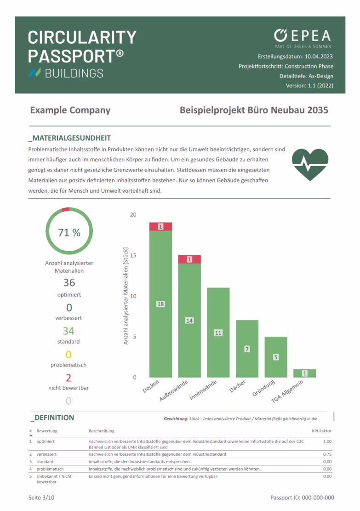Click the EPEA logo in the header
pos(302,36)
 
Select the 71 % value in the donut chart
pos(69,232)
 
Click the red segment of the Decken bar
pos(160,226)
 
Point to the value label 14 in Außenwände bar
pos(189,320)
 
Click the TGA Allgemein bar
pos(304,373)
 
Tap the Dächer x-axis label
pos(238,386)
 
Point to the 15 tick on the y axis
pos(133,255)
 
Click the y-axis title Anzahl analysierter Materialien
pos(126,296)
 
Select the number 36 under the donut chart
pos(69,282)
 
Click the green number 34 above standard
pos(69,331)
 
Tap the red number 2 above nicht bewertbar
pos(69,378)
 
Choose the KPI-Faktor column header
pos(321,431)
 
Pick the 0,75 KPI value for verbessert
pos(327,454)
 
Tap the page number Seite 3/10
pos(41,498)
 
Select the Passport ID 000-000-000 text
pos(302,498)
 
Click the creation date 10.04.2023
pos(318,57)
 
